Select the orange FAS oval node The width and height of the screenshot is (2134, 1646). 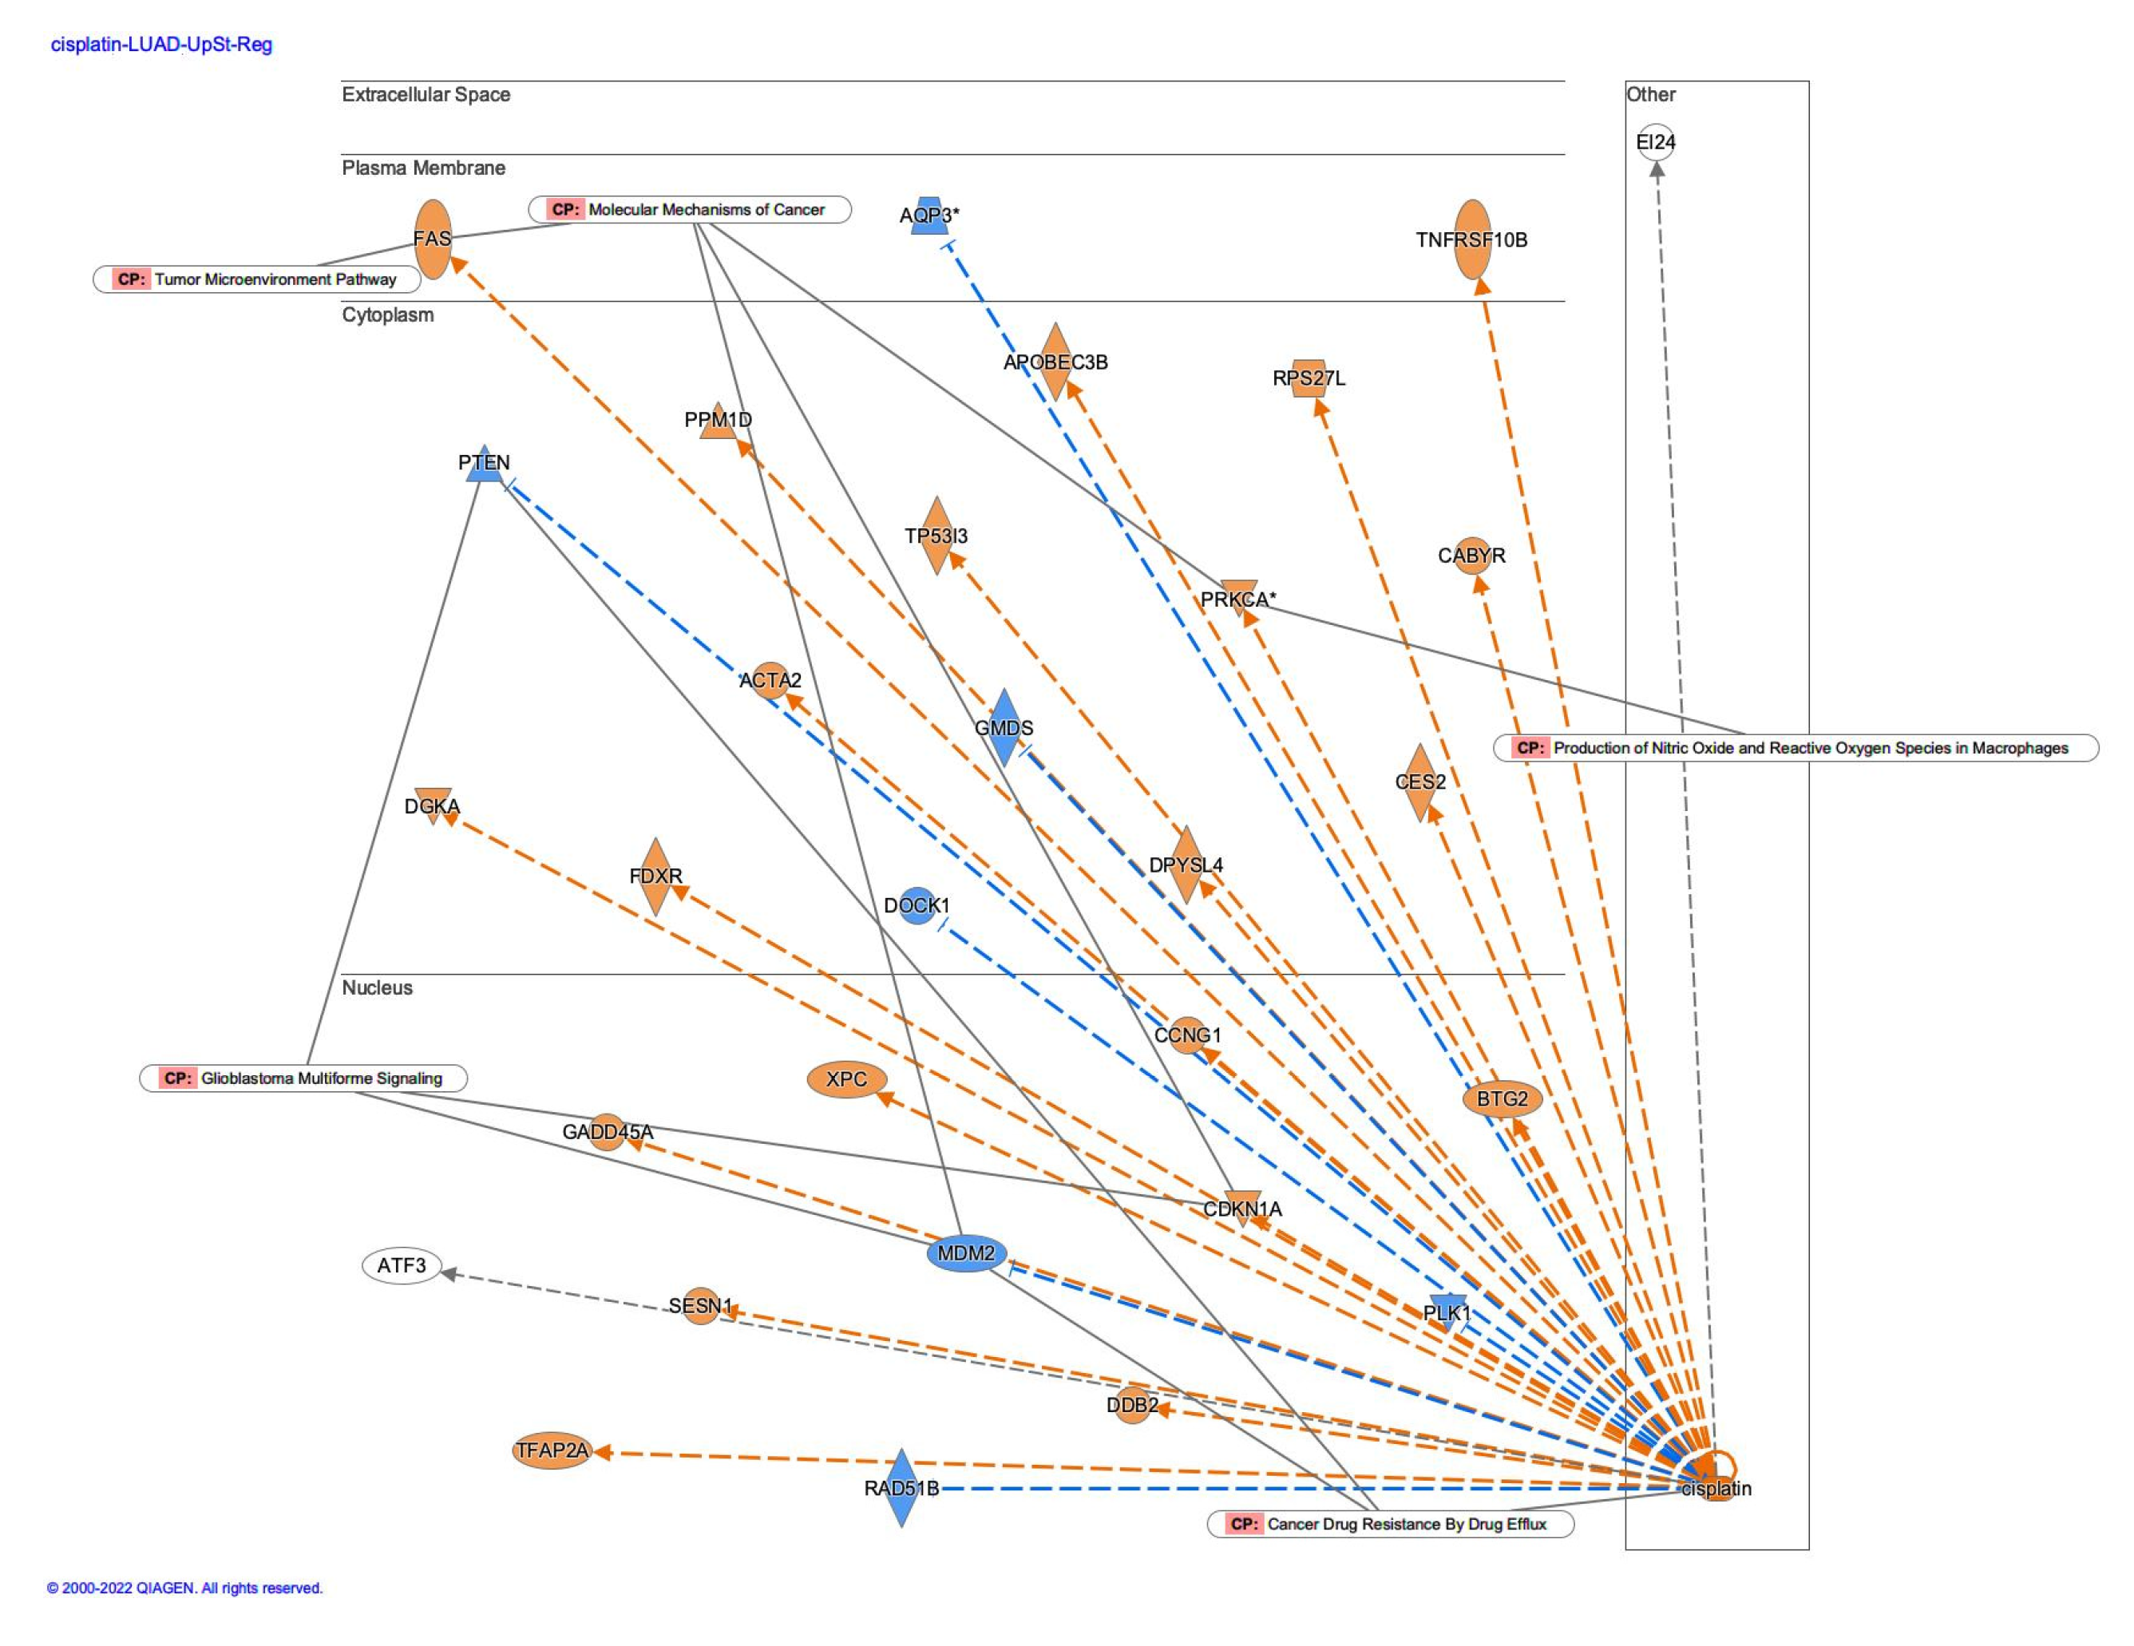tap(433, 239)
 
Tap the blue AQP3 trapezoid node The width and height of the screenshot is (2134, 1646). tap(929, 216)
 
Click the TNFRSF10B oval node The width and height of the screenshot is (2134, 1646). tap(1471, 239)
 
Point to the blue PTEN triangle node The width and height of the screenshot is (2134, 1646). tap(484, 463)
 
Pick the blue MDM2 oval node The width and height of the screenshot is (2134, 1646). tap(965, 1253)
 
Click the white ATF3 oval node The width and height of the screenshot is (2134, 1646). tap(402, 1266)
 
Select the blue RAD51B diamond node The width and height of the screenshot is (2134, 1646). tap(901, 1488)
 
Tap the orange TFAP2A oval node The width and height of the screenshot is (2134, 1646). tap(552, 1450)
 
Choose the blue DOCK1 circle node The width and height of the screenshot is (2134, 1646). tap(917, 905)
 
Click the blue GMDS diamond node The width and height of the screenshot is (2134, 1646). tap(1004, 728)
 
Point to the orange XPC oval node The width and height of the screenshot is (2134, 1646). tap(846, 1079)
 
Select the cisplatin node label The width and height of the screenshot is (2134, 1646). tap(1716, 1489)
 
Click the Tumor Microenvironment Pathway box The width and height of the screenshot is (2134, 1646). tap(257, 279)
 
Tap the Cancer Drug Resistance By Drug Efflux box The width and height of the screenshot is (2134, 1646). tap(1391, 1524)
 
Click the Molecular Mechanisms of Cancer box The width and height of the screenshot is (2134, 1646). tap(689, 210)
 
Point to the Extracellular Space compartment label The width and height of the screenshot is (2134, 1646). tap(426, 95)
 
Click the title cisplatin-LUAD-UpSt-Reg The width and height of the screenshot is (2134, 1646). tap(161, 45)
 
